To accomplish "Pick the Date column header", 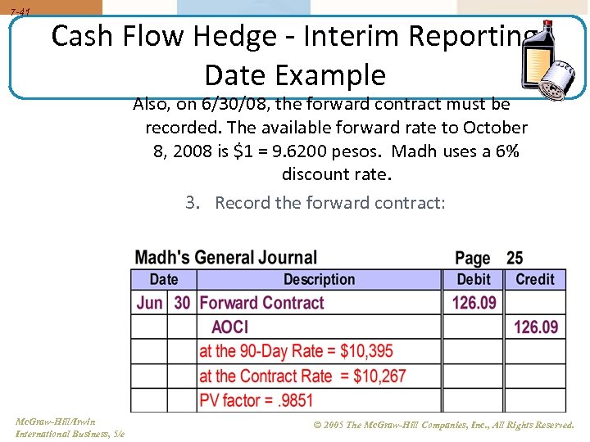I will [164, 279].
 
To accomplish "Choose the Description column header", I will [319, 279].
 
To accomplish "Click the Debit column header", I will [474, 279].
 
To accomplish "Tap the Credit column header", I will [535, 279].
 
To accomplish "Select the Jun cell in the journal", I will [149, 303].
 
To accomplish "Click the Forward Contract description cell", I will [262, 303].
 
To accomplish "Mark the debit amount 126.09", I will [474, 303].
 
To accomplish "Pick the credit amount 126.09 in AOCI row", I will [535, 327].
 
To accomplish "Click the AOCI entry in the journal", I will [229, 327].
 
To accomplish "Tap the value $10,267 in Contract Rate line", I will [379, 377].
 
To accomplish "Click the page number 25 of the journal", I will [515, 259].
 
